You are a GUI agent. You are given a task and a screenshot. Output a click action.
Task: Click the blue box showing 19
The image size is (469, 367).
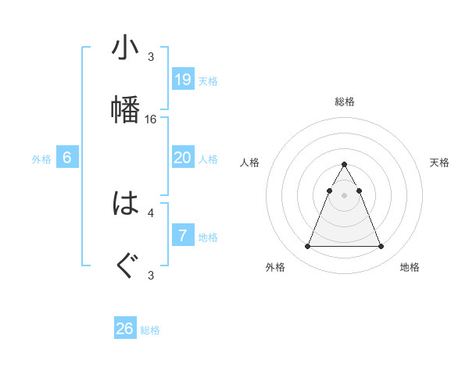point(183,80)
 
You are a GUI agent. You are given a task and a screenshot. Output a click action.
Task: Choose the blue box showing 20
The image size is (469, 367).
point(183,158)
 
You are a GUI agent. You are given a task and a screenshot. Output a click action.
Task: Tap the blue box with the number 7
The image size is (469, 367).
point(183,236)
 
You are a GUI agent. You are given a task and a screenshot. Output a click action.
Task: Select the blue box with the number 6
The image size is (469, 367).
point(67,158)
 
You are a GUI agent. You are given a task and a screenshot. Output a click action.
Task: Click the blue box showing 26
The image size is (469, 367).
point(125,329)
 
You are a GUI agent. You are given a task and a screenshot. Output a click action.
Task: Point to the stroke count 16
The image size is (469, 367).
point(152,119)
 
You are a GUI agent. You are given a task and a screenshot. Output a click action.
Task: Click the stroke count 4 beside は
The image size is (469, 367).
point(151,212)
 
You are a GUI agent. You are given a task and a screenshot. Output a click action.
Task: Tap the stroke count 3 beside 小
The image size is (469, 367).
point(151,57)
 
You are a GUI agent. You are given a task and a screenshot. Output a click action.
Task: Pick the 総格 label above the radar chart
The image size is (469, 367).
point(345,102)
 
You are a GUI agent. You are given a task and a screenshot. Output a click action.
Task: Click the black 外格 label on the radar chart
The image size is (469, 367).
point(275,267)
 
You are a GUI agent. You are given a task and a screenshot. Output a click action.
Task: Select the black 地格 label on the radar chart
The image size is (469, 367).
point(410,267)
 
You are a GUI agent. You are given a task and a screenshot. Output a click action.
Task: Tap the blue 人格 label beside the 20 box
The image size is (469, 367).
point(208,159)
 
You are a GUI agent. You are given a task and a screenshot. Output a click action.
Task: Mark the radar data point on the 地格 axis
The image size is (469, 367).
point(381,247)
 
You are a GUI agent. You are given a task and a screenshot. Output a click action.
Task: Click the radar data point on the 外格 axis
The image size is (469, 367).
point(308,247)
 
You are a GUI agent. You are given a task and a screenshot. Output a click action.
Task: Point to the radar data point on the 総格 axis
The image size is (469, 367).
point(345,165)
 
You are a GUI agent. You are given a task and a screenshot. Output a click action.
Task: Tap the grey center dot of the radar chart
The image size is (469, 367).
point(345,194)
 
